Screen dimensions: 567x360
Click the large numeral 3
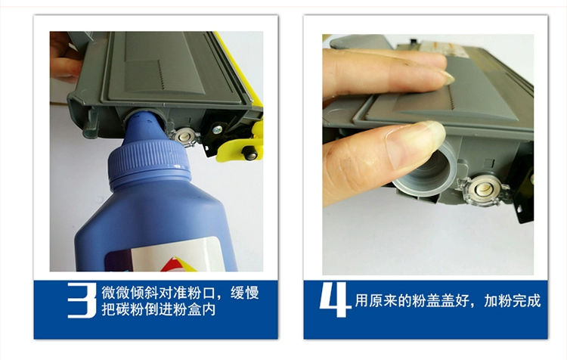82,300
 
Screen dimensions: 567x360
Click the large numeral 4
335,300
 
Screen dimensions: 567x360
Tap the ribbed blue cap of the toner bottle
148,165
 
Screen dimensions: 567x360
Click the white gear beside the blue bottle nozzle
184,137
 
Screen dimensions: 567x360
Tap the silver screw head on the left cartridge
218,129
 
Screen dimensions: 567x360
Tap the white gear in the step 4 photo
484,189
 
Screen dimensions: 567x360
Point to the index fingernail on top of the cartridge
448,76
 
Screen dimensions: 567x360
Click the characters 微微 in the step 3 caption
116,293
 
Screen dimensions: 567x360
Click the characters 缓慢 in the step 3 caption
245,293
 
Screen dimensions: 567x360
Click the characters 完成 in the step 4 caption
526,301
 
